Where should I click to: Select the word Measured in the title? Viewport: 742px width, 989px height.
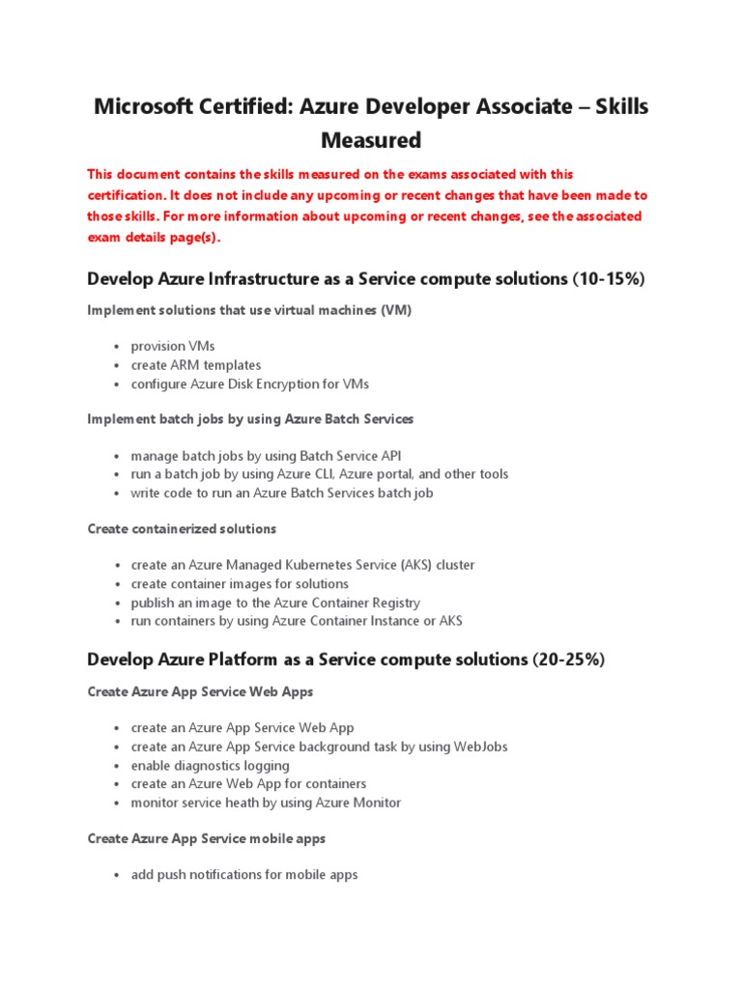(371, 141)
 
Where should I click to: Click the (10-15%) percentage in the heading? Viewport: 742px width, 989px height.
(608, 279)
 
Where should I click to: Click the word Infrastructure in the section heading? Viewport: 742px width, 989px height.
(261, 279)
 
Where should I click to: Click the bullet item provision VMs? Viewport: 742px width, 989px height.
(173, 347)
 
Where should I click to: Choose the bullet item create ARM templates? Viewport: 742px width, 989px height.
(195, 365)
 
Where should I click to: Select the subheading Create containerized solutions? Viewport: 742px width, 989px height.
(182, 529)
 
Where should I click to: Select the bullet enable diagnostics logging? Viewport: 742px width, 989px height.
(210, 765)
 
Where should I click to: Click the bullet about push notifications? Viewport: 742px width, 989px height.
(243, 875)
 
